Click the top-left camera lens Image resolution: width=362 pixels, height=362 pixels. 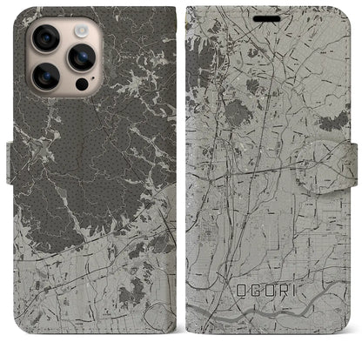pos(44,38)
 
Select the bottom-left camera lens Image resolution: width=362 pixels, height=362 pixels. pos(44,77)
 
